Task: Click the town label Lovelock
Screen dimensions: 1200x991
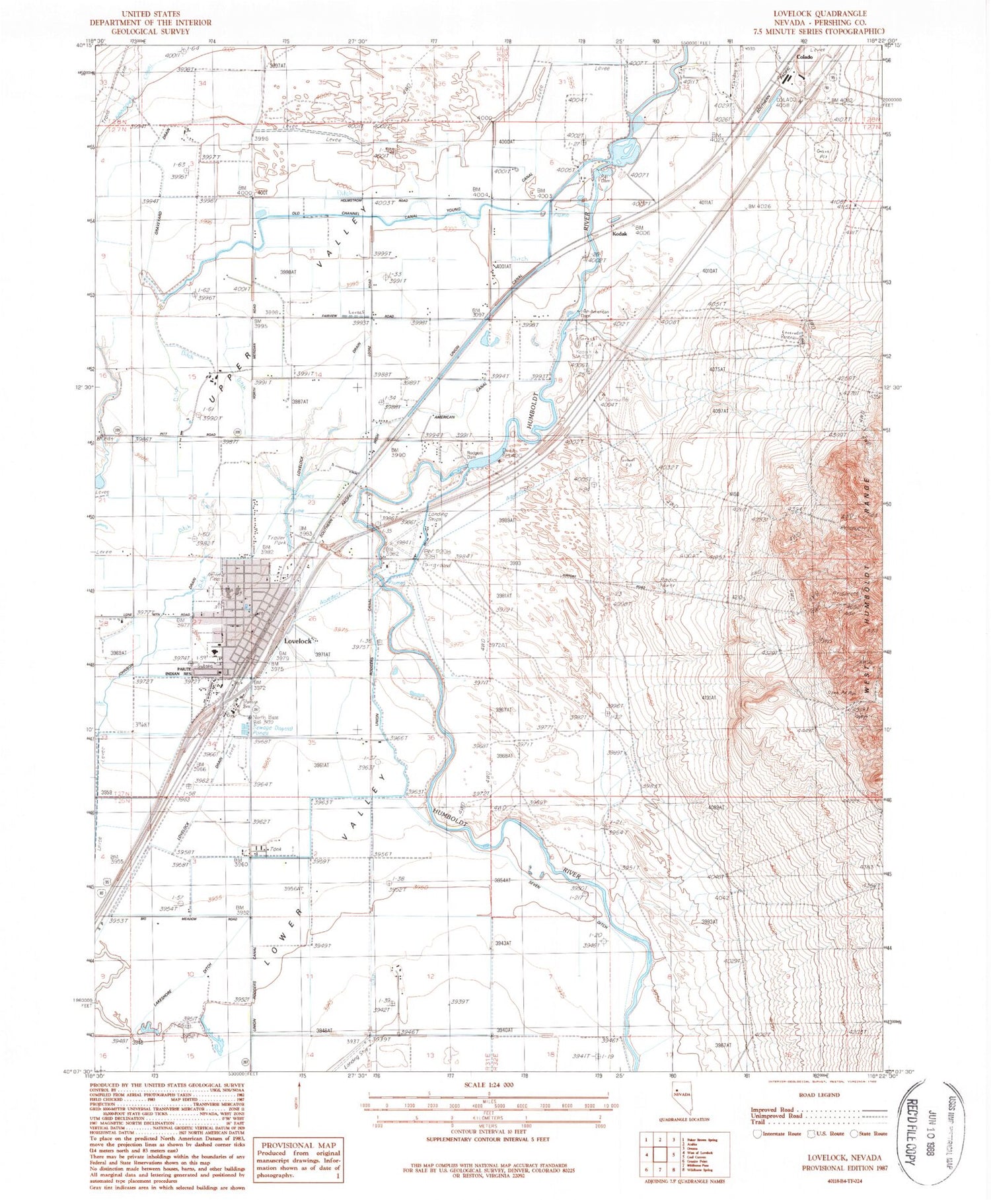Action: tap(297, 641)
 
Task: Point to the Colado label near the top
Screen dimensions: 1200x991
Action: tap(804, 57)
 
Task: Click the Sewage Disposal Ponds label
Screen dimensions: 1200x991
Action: tap(266, 730)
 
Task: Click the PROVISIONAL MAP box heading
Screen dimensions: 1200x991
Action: tap(298, 1146)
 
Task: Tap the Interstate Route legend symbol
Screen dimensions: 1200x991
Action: tap(757, 1134)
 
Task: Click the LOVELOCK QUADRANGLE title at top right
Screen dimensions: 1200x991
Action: tap(821, 13)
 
